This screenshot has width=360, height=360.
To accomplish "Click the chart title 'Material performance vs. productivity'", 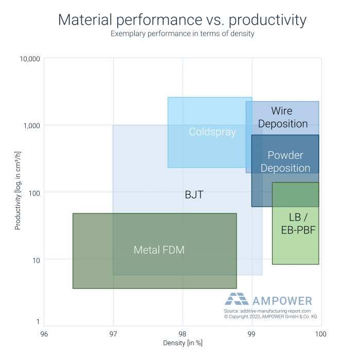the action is click(x=182, y=20).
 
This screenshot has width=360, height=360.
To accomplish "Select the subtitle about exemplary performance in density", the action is click(x=182, y=34).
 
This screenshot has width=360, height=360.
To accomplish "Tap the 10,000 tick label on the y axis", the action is click(x=30, y=59).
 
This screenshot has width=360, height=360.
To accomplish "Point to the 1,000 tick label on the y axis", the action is click(x=32, y=125).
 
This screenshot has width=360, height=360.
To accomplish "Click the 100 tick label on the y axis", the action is click(x=34, y=193).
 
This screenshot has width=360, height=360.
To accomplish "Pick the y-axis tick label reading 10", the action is click(x=36, y=261).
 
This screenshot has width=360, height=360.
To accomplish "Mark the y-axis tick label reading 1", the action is click(x=38, y=322).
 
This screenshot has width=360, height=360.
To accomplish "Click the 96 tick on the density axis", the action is click(x=44, y=334).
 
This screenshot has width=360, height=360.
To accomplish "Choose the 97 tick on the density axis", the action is click(x=113, y=334).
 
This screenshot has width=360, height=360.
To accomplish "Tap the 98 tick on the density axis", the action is click(x=183, y=334).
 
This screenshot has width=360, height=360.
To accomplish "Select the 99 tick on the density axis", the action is click(x=251, y=334).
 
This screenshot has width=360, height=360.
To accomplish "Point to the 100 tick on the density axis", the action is click(x=321, y=334).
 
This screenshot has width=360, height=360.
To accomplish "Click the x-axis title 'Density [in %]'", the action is click(x=183, y=343).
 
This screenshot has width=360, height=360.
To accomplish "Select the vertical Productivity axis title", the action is click(x=17, y=191).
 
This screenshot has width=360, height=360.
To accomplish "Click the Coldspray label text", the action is click(x=212, y=132).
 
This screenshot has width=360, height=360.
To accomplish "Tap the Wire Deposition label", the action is click(x=283, y=117).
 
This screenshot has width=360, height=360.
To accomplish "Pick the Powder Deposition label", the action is click(x=285, y=161).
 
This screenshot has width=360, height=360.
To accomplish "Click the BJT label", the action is click(x=194, y=195).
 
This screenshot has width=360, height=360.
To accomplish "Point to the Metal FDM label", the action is click(x=159, y=250).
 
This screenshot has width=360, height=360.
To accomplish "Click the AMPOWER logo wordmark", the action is click(x=282, y=301).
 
